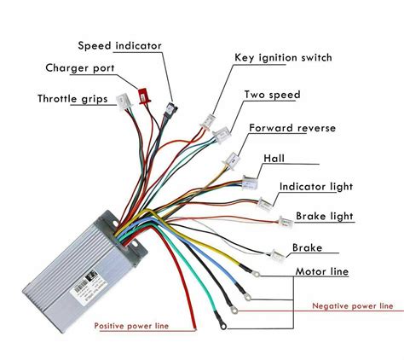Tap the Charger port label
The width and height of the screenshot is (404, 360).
pos(82,68)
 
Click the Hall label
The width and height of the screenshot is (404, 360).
pos(276,158)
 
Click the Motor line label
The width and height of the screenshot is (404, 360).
pos(323,271)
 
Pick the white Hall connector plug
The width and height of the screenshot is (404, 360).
pos(248,181)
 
